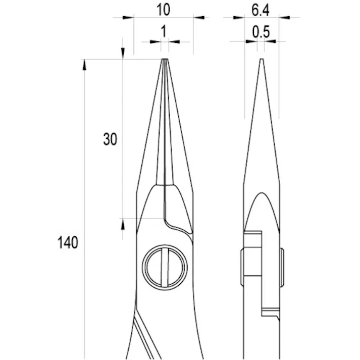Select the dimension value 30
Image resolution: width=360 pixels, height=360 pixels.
tap(110, 139)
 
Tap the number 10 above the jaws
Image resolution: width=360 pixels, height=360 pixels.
tap(163, 9)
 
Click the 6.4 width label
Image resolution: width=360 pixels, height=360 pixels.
tap(261, 9)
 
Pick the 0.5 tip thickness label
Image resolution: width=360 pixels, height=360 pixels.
tap(261, 32)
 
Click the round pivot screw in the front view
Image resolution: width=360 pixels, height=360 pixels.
tap(165, 268)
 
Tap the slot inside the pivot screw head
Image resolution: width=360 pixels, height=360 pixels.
tap(165, 268)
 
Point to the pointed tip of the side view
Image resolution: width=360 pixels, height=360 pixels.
tap(261, 61)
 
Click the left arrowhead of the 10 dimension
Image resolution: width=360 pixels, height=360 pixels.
tap(128, 18)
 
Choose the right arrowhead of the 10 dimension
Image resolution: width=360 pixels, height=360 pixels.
tap(199, 18)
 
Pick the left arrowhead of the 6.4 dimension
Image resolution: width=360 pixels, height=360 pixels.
tap(239, 18)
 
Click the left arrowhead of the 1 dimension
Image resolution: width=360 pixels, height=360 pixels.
tap(157, 42)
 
